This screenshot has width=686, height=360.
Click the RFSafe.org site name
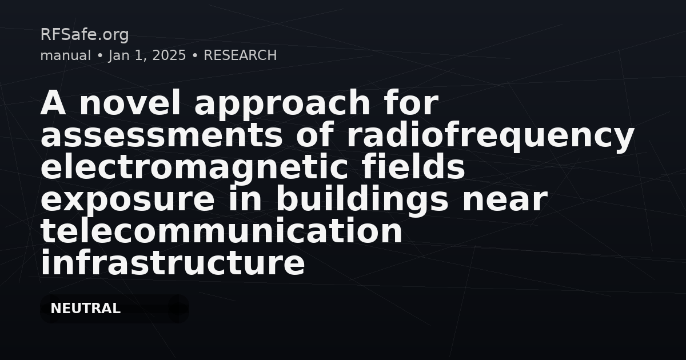click(85, 35)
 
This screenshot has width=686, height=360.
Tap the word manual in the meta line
click(66, 55)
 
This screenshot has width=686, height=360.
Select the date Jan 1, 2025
click(147, 56)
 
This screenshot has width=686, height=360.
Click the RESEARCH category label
click(240, 55)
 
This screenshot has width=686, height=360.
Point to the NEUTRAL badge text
click(85, 308)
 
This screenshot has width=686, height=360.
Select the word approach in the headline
click(282, 105)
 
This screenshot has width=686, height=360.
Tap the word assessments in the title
click(161, 135)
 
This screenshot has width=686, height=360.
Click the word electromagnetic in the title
click(194, 168)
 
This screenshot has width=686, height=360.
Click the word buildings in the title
click(362, 201)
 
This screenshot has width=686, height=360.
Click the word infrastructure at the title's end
click(173, 262)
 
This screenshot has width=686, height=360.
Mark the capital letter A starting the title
click(53, 102)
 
